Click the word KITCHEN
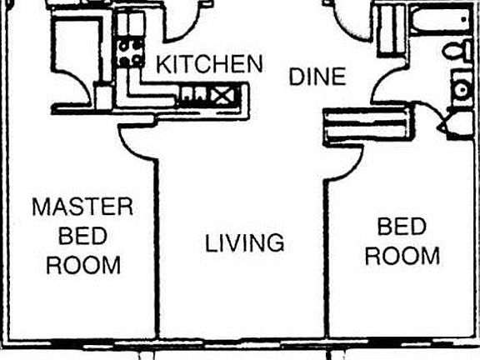210,64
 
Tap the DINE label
317,77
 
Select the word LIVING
245,243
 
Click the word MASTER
82,207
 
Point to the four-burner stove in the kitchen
130,52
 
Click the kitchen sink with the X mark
223,95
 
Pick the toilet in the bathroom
456,52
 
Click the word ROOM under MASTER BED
82,265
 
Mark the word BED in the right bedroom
402,227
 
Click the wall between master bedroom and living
156,250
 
